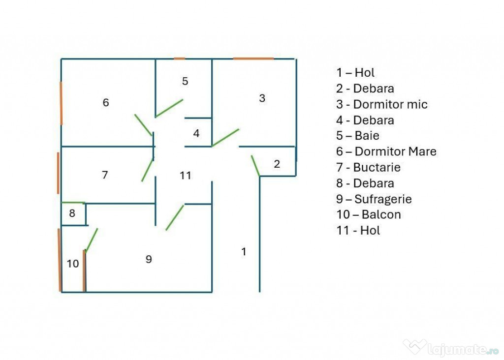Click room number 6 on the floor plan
pos(106,102)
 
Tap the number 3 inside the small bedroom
pos(262,98)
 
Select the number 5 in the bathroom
pos(185,81)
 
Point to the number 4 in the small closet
pos(196,133)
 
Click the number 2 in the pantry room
pos(277,164)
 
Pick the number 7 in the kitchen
pos(105,175)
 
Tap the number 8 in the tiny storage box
pos(72,213)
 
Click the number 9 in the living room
pos(149,259)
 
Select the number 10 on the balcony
pos(73,264)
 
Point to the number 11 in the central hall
pos(186,176)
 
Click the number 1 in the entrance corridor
pos(244,252)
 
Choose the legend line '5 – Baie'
pos(358,136)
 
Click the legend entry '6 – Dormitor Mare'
pos(386,151)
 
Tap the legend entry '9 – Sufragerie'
pos(374,199)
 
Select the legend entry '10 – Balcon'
pos(369,214)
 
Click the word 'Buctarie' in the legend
pos(377,167)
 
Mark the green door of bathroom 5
pos(169,108)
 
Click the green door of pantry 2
pos(255,166)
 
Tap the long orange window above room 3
pos(253,59)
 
